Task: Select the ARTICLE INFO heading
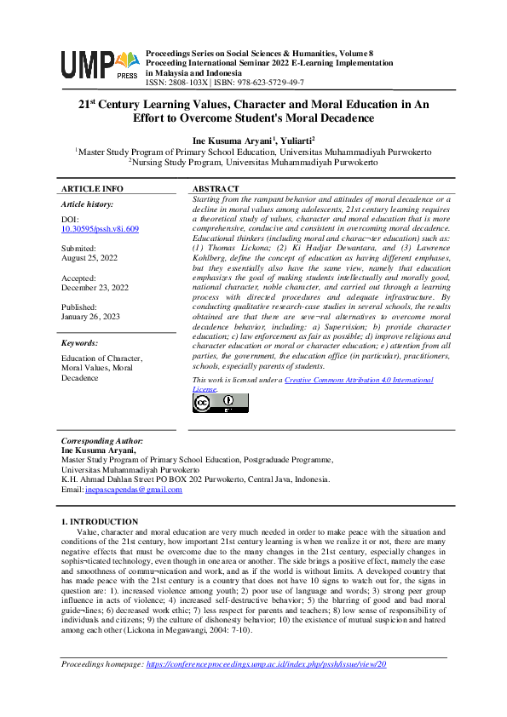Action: [x=92, y=188]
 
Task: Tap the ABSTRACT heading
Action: [x=216, y=188]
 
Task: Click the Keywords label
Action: [x=80, y=343]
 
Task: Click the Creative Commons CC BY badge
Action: [x=210, y=404]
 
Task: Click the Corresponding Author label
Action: [x=101, y=442]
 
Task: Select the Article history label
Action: [x=87, y=204]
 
